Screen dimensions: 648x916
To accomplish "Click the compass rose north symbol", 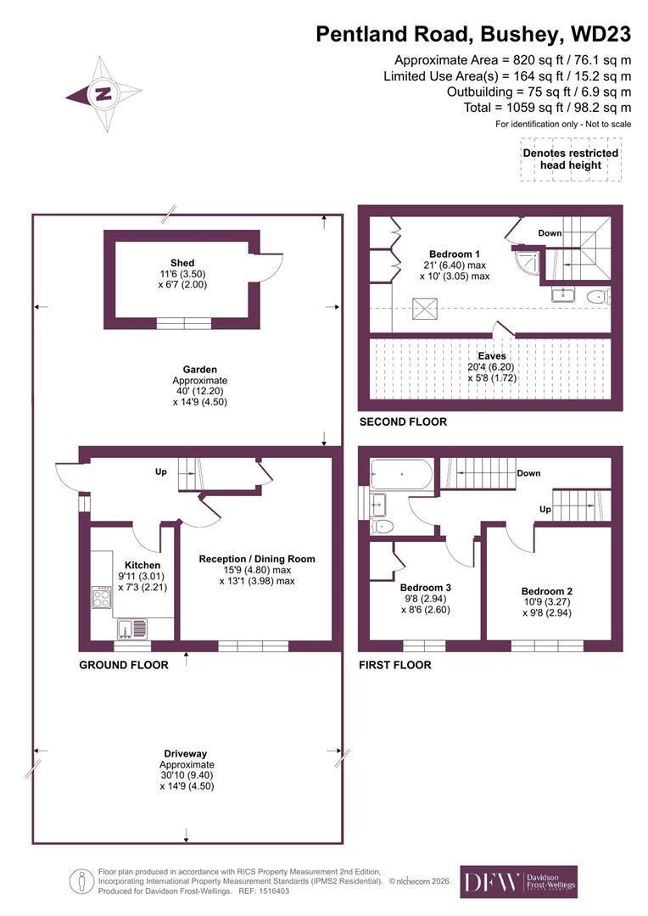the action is (103, 93).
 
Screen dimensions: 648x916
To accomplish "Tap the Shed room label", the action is (182, 263).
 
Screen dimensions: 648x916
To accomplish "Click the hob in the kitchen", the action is (102, 599).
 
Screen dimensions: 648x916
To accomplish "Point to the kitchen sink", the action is (132, 628).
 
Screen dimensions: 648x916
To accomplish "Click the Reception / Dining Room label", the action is (257, 559).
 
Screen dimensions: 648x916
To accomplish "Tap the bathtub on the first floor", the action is (401, 474).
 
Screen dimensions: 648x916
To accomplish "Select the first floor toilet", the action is (383, 527).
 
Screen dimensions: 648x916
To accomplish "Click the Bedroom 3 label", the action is (426, 588).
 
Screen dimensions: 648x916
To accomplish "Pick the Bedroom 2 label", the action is (547, 591).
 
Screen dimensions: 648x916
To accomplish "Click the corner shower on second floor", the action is (527, 263).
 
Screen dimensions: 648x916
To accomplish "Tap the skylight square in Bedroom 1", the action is (425, 308).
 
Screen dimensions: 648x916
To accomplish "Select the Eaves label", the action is (492, 355).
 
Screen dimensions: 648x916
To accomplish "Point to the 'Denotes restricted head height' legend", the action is (571, 159).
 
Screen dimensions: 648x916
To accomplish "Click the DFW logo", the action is (519, 881).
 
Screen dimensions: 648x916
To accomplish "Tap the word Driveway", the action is (185, 754).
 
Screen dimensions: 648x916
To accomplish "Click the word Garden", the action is (200, 369).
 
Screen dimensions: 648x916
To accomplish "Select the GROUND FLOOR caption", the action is (124, 665).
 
